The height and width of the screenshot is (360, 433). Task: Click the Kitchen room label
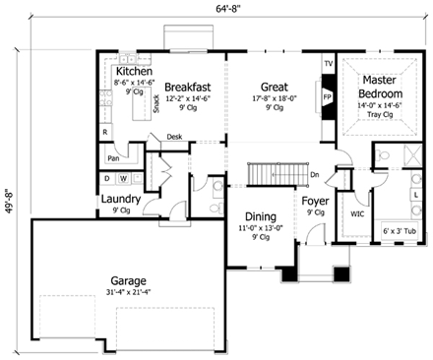pyautogui.click(x=133, y=74)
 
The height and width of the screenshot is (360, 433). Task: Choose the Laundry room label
pyautogui.click(x=121, y=200)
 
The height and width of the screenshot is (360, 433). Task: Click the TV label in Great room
pyautogui.click(x=328, y=66)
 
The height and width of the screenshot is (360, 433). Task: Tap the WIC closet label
pyautogui.click(x=356, y=213)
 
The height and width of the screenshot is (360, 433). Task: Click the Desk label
pyautogui.click(x=175, y=137)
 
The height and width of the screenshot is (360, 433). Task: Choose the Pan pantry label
pyautogui.click(x=114, y=157)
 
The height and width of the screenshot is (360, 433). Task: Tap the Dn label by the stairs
pyautogui.click(x=314, y=175)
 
